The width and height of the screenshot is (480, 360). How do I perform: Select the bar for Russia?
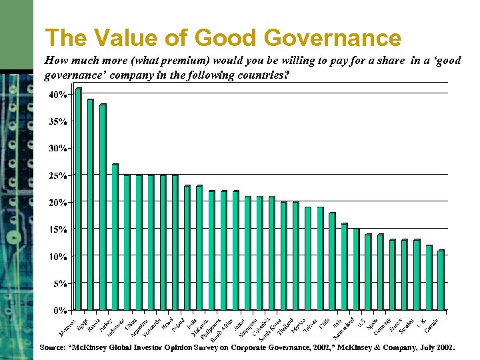103,207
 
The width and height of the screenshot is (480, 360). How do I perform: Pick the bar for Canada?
441,280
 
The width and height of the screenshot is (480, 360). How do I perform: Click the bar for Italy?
344,267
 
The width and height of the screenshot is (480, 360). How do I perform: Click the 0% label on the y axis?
59,310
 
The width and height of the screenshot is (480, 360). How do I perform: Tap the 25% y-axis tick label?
57,175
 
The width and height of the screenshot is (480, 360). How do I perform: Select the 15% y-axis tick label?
57,229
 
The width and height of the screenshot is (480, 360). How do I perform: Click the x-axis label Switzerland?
344,326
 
